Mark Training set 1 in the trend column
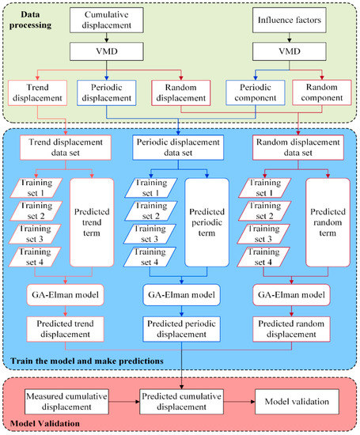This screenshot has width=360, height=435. [39, 187]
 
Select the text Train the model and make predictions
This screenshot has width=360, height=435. [87, 361]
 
